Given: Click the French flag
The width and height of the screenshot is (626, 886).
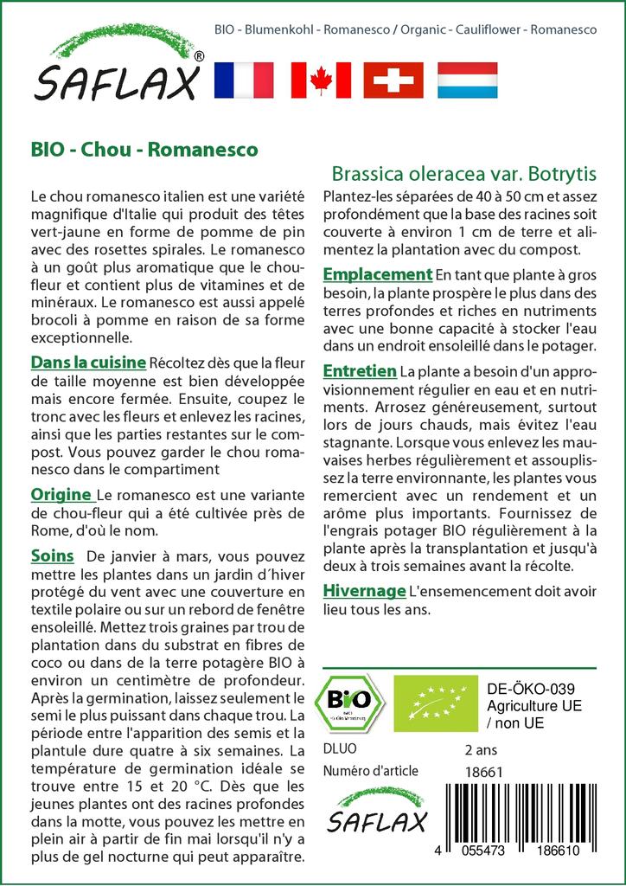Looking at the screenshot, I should pos(243,80).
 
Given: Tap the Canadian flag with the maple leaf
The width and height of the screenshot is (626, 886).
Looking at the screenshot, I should pos(320,80).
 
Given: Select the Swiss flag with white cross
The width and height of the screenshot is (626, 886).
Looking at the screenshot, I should pos(393,80).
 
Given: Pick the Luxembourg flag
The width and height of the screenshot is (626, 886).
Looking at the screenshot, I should pos(467,80).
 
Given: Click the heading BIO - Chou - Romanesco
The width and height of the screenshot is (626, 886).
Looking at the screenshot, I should pos(144,149).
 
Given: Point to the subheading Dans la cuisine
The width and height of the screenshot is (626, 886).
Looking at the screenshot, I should pos(88,362).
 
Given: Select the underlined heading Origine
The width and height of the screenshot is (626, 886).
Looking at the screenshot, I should pos(61,495).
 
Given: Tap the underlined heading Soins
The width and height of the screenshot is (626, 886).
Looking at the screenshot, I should pos(52,555).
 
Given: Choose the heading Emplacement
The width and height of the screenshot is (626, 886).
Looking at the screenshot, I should pos(377,275).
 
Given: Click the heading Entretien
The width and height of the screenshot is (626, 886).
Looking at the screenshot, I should pos(359,371).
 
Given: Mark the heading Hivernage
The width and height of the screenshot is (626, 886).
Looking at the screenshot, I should pos(364,591).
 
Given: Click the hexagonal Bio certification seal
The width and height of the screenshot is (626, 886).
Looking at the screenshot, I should pos(349,702).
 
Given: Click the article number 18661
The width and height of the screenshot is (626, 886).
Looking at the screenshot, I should pos(482,772).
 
